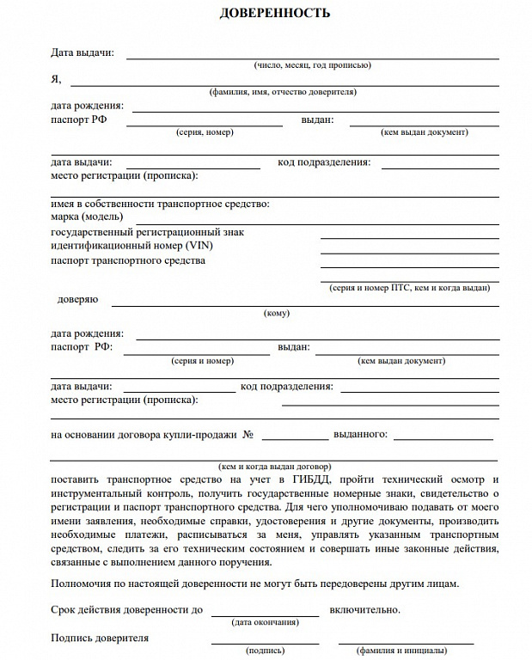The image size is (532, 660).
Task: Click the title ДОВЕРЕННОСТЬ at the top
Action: click(x=274, y=14)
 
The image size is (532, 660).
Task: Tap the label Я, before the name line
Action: click(x=56, y=79)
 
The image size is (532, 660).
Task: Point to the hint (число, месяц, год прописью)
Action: click(x=312, y=65)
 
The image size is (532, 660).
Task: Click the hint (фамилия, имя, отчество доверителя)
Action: click(x=283, y=92)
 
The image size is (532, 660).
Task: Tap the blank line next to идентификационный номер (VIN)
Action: click(x=409, y=252)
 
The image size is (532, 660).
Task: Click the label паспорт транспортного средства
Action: click(x=128, y=260)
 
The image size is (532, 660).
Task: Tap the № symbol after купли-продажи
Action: click(x=248, y=434)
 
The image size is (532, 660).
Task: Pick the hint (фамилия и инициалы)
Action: click(x=406, y=651)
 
